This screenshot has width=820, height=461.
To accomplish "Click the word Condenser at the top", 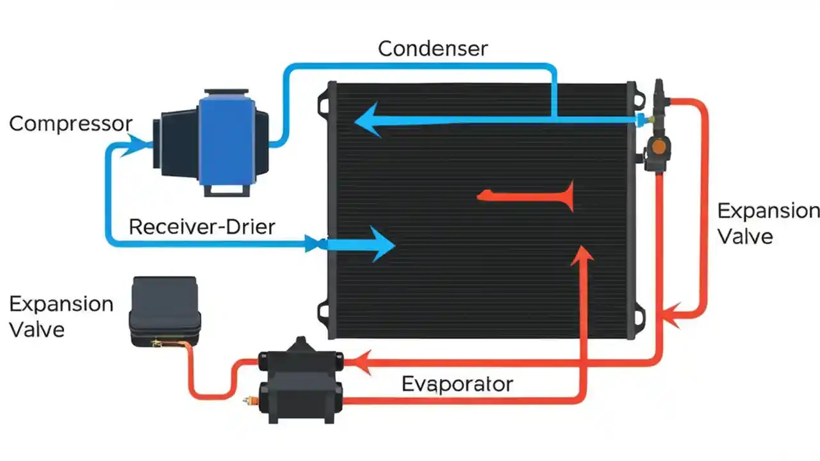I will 433,49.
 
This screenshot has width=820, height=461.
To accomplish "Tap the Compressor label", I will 70,124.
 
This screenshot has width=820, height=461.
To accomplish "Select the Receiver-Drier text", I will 202,227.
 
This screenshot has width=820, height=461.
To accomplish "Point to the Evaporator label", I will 457,384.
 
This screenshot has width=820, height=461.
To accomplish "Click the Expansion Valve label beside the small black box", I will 61,316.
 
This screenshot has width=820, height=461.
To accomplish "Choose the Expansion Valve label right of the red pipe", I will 767,223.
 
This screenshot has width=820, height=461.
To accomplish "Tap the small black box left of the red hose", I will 165,312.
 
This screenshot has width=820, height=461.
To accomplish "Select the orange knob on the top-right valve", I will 658,147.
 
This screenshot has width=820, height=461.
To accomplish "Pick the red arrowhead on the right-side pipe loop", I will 671,314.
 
